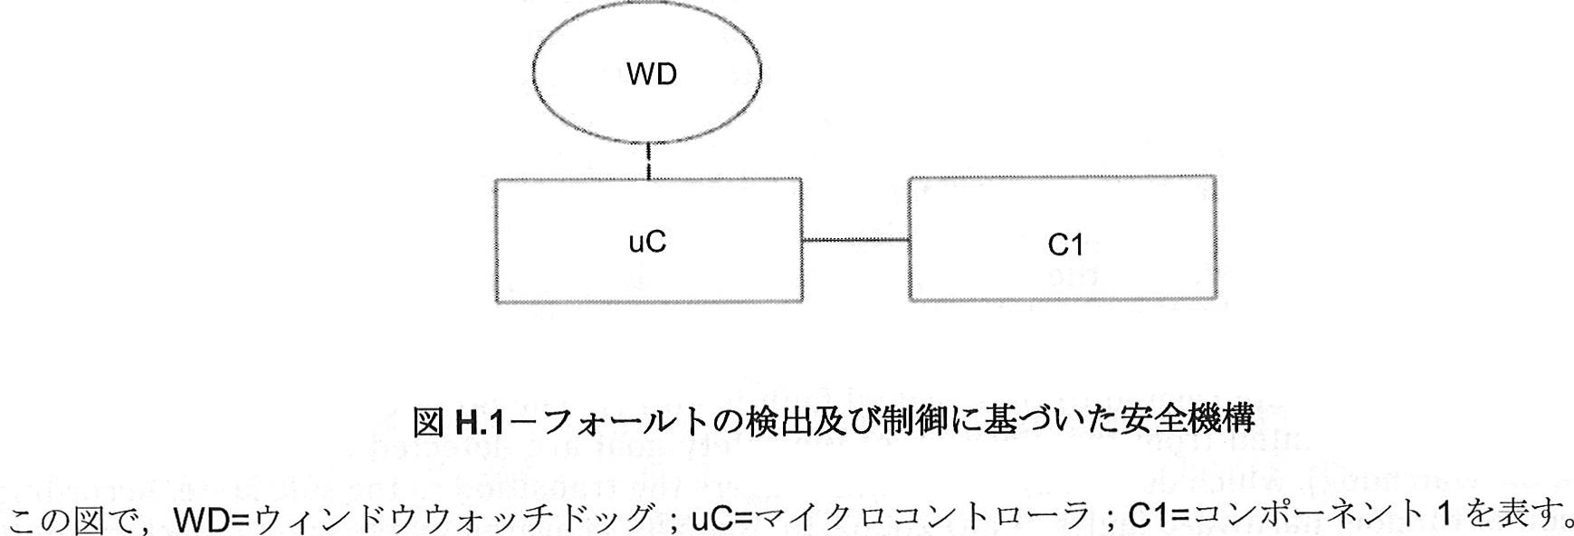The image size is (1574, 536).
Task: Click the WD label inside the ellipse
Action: click(651, 74)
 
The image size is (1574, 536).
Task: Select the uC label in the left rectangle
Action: click(647, 242)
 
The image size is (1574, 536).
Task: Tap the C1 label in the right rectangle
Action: click(1064, 245)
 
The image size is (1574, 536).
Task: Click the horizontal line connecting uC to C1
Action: click(855, 240)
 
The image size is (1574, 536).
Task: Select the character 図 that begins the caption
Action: click(427, 421)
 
